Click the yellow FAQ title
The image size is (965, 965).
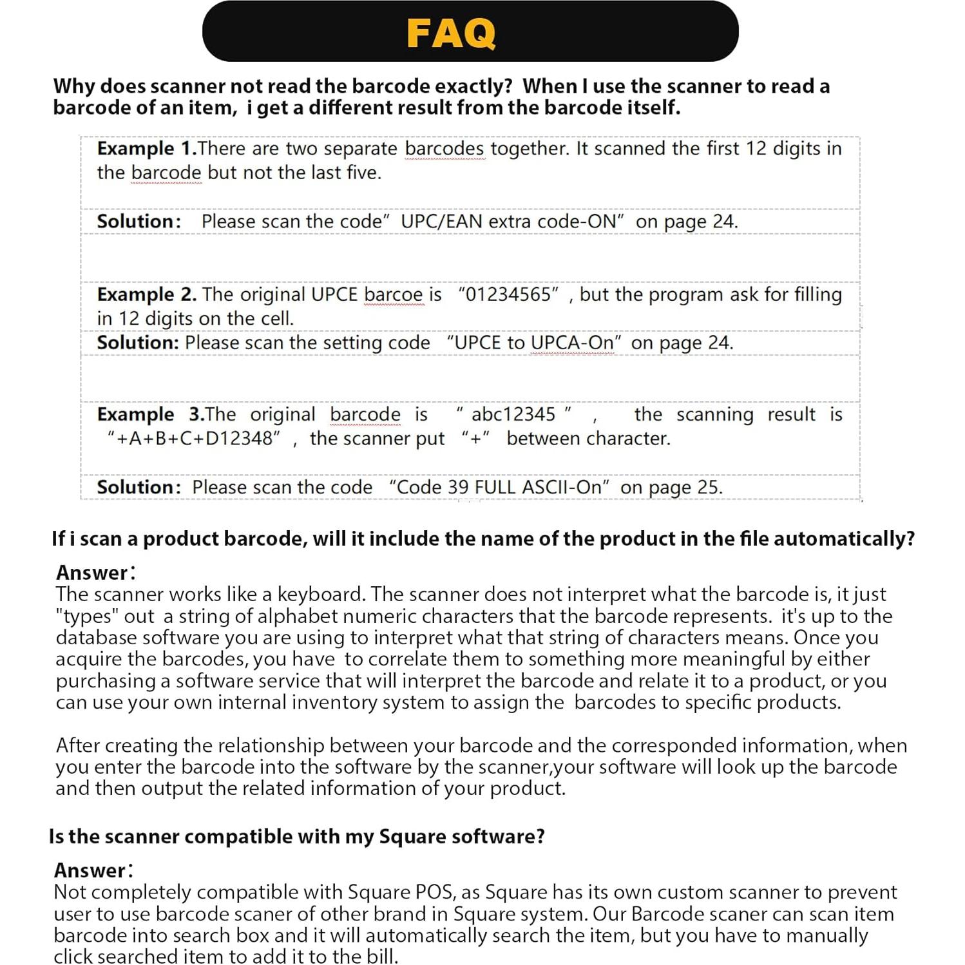[x=451, y=33]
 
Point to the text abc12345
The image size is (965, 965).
[x=513, y=414]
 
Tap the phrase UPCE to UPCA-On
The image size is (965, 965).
[x=534, y=343]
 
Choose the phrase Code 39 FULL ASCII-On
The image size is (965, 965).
[x=499, y=487]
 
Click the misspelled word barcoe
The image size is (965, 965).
[x=394, y=294]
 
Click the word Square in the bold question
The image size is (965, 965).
[x=410, y=837]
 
